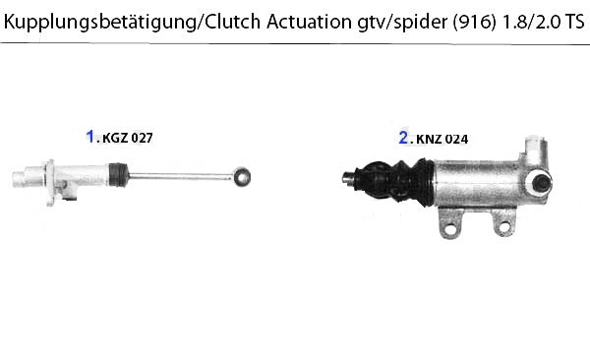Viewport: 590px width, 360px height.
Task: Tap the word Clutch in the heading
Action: point(233,21)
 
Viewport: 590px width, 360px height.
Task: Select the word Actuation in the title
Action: point(310,21)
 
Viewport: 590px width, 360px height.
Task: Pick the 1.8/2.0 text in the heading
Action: point(530,22)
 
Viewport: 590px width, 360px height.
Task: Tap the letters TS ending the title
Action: point(574,22)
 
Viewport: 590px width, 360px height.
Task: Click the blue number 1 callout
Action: point(90,137)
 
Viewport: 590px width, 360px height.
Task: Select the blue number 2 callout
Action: point(403,138)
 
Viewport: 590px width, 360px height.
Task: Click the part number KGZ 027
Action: point(128,138)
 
